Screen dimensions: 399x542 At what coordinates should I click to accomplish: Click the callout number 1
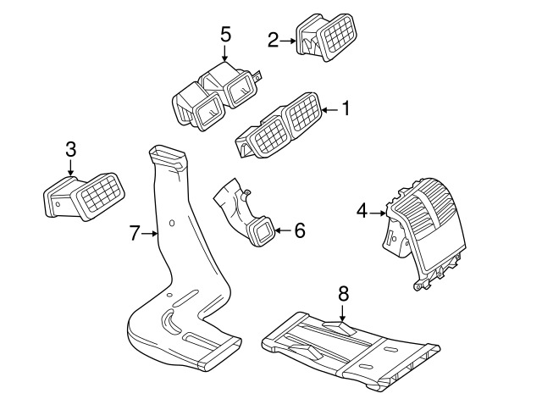(345, 109)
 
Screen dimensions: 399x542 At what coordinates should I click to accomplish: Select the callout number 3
(71, 150)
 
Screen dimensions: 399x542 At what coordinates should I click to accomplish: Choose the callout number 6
(299, 230)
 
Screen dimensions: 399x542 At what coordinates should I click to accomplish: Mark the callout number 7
(134, 233)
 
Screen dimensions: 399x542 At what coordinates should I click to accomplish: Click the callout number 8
(343, 294)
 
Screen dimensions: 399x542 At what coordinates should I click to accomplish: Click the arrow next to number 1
(329, 109)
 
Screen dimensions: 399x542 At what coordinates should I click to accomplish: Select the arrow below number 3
(71, 169)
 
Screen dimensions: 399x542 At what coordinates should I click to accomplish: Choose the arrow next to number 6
(283, 230)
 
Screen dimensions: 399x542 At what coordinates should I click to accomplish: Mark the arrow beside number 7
(150, 233)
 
